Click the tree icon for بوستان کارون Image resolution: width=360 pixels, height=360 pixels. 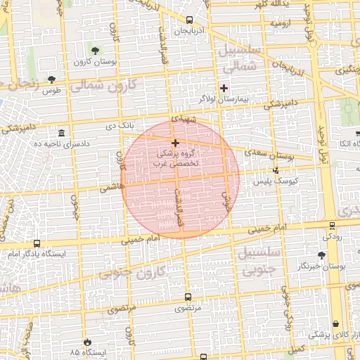tap(94, 50)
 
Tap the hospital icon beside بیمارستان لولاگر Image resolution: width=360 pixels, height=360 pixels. tap(224, 88)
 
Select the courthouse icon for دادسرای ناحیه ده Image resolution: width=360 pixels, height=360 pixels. tap(62, 133)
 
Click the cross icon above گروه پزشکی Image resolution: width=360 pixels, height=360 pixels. tap(175, 143)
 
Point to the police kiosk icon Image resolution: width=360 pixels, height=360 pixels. tap(276, 169)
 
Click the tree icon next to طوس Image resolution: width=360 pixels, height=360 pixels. tap(51, 79)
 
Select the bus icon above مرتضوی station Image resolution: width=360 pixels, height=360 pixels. tap(187, 297)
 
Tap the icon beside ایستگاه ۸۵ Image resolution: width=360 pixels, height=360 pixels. tap(87, 340)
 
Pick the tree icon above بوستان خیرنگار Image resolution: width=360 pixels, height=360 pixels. tap(321, 255)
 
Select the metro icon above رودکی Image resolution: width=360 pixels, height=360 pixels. tap(332, 225)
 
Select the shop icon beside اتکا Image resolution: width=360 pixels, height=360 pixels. tap(356, 133)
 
